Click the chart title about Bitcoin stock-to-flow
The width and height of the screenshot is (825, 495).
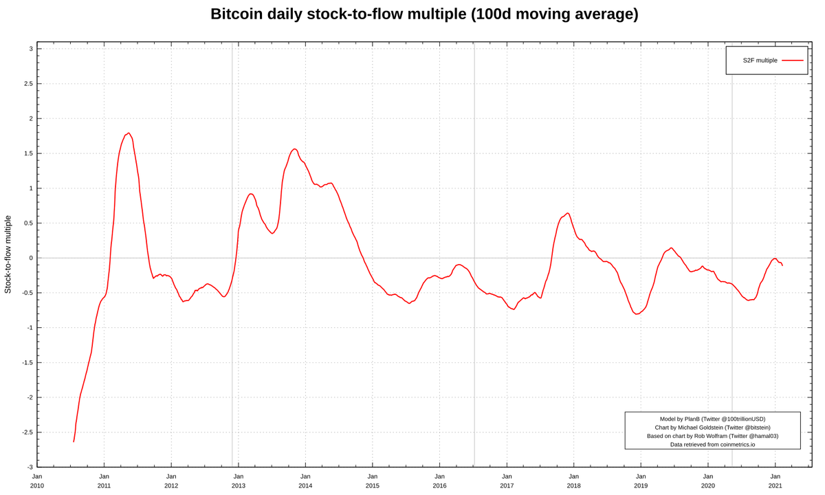(x=424, y=14)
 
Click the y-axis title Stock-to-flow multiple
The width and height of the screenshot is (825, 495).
(x=8, y=254)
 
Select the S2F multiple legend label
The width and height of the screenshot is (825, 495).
(x=760, y=60)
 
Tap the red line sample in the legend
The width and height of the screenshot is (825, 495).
(x=792, y=60)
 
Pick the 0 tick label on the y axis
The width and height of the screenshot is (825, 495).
(x=30, y=258)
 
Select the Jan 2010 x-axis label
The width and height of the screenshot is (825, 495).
(x=37, y=481)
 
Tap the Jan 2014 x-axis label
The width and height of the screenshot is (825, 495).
(x=305, y=481)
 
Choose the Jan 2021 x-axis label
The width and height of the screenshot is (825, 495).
(x=775, y=481)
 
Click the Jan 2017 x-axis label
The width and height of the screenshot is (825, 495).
(x=507, y=481)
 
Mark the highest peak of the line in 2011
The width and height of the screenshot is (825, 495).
(x=129, y=133)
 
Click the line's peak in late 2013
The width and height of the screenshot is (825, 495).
(x=294, y=148)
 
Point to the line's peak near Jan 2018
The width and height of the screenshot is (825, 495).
(x=568, y=213)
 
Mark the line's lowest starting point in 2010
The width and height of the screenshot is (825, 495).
(x=74, y=441)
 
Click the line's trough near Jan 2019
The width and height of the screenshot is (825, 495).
(x=637, y=313)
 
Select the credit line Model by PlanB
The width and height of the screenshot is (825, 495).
(x=712, y=419)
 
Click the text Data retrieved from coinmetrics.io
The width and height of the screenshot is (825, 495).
(x=712, y=444)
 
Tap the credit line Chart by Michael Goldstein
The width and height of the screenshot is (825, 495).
(x=712, y=428)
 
